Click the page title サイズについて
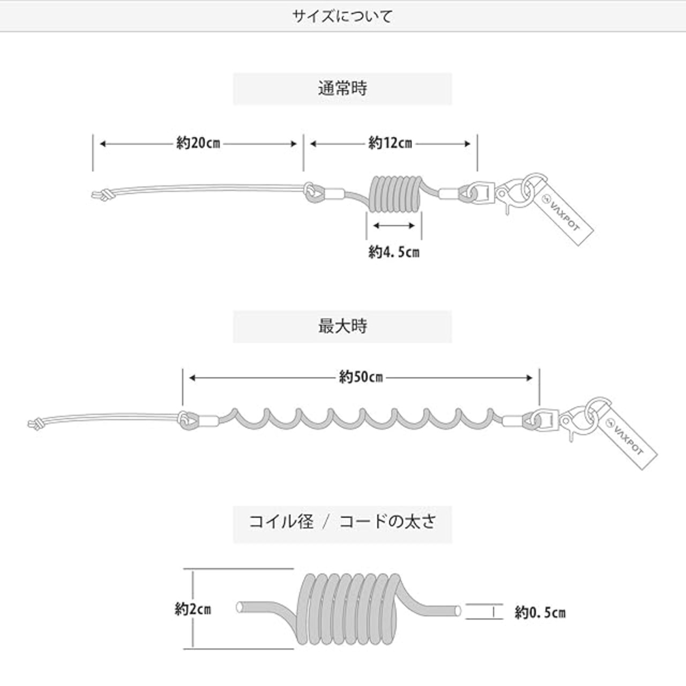point(342,16)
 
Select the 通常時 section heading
point(342,88)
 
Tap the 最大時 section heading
point(342,326)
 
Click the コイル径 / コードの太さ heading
point(342,521)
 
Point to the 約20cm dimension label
point(198,144)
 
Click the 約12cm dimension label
point(390,144)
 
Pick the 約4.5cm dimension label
point(393,252)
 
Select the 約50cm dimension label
point(361,377)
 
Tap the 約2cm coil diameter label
point(192,609)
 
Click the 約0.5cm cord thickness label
point(540,612)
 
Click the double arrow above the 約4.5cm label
point(394,226)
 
